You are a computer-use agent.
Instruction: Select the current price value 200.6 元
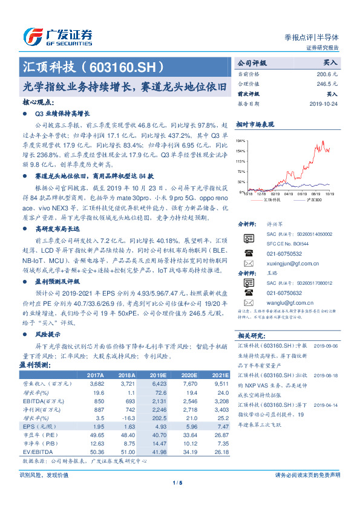tap(327, 73)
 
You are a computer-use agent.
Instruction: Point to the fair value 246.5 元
tap(327, 84)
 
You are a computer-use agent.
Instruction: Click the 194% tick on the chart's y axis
tap(241, 140)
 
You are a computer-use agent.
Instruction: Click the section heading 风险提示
tap(48, 334)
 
